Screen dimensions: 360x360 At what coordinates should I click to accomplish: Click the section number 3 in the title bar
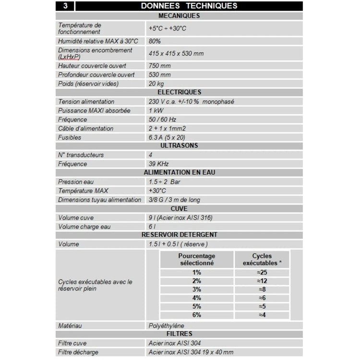coord(65,6)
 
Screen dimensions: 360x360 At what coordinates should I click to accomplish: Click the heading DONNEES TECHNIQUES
coord(189,6)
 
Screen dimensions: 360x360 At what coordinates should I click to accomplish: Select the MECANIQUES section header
coord(179,16)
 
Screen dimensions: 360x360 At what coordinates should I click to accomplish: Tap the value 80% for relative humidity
coord(155,41)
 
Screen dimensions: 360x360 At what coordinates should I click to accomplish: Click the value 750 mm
coord(160,66)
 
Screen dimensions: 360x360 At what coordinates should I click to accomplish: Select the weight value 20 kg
coord(157,84)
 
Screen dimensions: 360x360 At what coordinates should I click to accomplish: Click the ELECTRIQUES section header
coord(179,92)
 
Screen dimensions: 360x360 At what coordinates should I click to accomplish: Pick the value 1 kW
coord(156,110)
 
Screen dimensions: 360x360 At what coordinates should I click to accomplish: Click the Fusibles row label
coord(70,137)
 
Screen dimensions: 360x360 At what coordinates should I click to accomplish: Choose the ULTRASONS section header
coord(179,145)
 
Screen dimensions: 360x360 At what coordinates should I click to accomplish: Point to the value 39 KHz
coord(159,164)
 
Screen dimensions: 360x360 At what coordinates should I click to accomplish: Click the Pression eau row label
coord(76,182)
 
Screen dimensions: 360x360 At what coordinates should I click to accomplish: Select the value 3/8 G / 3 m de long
coord(175,200)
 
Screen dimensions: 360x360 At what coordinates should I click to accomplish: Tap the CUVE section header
coord(179,209)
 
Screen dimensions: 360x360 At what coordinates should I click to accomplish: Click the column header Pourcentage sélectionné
coord(197,260)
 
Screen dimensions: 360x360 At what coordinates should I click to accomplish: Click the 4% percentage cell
coord(197,298)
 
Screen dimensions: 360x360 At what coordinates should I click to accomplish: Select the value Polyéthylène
coord(167,325)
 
